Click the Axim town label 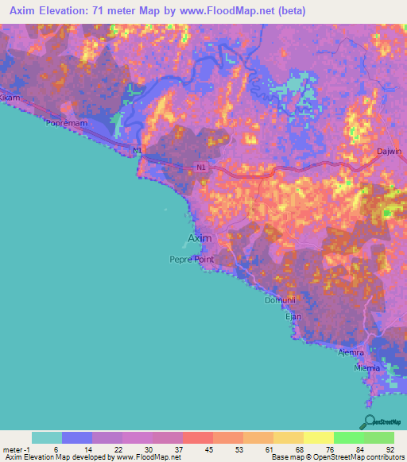(x=200, y=238)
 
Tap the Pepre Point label (x=192, y=259)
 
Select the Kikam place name (x=9, y=97)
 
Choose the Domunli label (x=280, y=302)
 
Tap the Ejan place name (x=293, y=316)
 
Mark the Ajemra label (x=351, y=352)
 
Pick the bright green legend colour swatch (x=348, y=437)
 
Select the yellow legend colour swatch (x=318, y=437)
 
